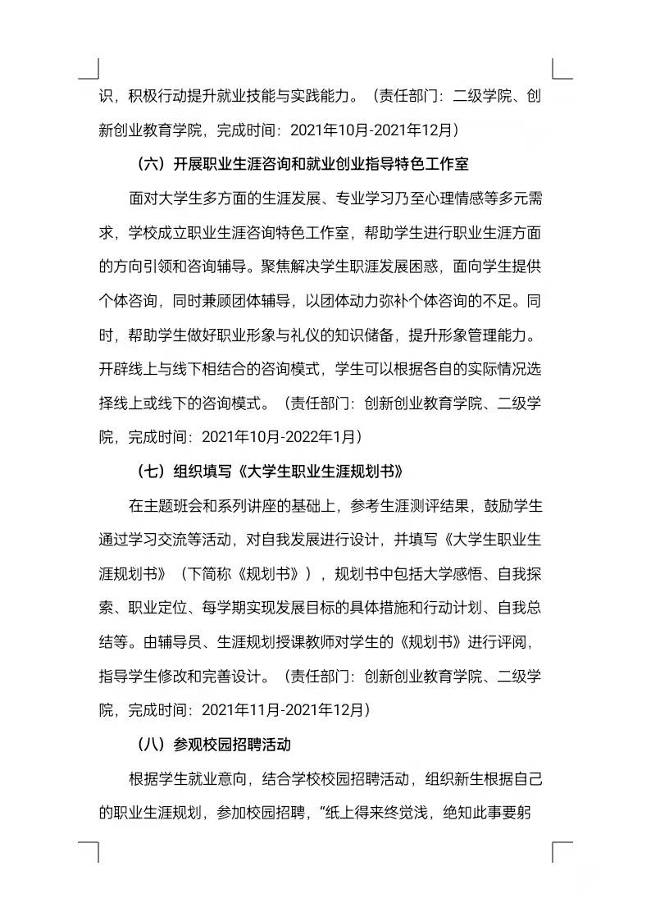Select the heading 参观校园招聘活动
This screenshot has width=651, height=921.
233,745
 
